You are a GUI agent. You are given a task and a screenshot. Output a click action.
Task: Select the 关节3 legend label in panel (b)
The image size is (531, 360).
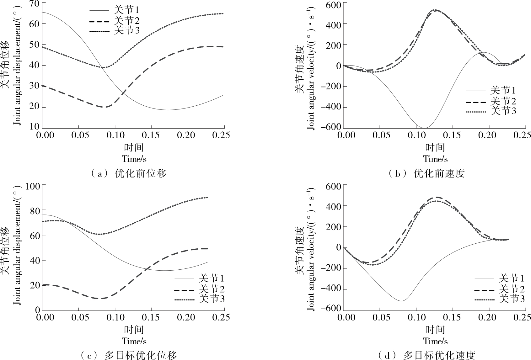(503, 111)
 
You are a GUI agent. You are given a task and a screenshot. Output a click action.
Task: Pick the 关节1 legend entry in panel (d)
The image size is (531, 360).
(512, 278)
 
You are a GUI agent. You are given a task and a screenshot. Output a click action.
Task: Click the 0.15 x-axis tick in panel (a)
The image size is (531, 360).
(152, 135)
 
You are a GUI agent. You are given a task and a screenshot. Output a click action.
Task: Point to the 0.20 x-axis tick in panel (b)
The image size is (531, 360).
(489, 135)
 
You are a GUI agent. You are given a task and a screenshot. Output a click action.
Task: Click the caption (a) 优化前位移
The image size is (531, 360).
(129, 173)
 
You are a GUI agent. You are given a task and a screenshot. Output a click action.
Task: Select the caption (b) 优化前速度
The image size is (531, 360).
(427, 173)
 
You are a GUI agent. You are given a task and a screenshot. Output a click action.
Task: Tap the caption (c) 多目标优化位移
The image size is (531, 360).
(129, 355)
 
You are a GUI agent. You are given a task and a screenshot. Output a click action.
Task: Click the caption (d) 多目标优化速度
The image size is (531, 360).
(427, 355)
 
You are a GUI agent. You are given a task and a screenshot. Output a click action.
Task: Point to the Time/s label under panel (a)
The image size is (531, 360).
(134, 159)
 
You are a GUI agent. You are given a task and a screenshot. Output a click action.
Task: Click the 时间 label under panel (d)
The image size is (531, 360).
(435, 329)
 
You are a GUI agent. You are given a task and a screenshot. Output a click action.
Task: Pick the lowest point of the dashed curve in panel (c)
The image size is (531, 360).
(100, 299)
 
